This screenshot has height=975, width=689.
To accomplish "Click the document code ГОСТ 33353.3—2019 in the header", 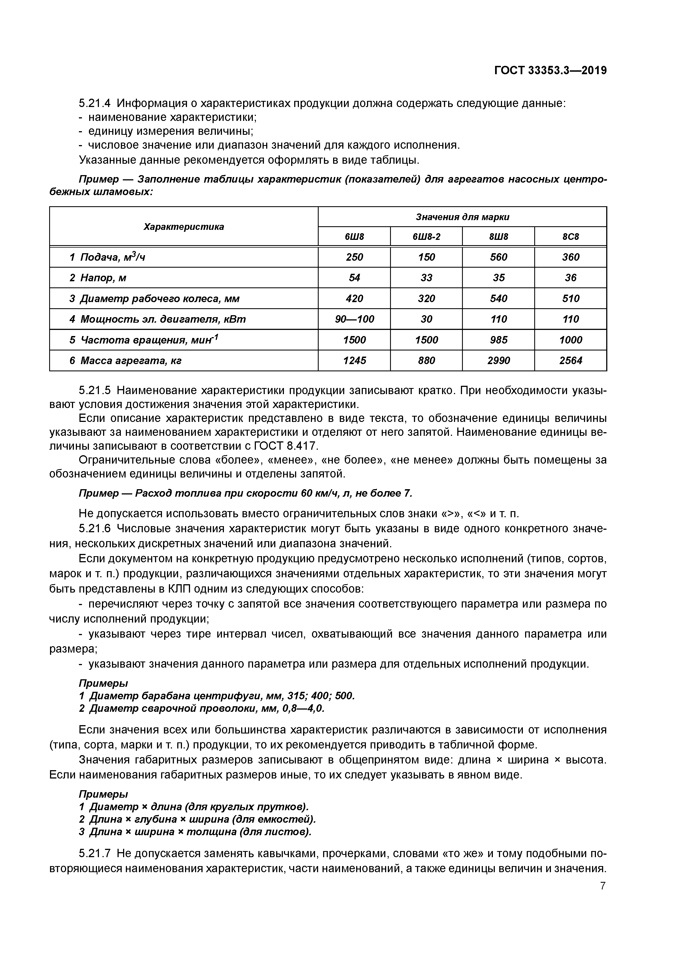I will point(550,71).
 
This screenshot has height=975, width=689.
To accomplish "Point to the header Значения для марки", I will point(462,217).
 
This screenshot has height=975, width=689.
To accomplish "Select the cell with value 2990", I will point(498,360).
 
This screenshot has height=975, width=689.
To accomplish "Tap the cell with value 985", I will point(498,340).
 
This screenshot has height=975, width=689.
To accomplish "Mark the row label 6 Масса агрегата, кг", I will point(125,360).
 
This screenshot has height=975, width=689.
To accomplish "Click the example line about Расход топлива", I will point(245,493).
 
